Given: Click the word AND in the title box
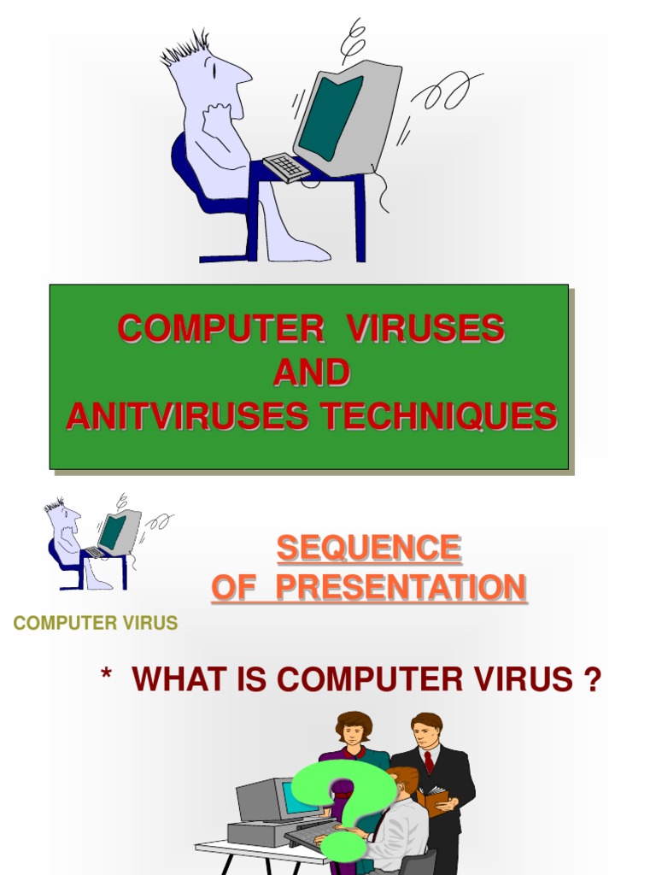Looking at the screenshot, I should (x=311, y=373).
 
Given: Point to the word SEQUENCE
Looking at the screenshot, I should (x=368, y=549).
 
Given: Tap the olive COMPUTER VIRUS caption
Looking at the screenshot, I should (x=96, y=623).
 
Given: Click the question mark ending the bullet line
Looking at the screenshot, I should (x=590, y=680).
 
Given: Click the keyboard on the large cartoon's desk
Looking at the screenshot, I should (x=286, y=167).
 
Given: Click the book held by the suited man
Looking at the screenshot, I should (x=433, y=799).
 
